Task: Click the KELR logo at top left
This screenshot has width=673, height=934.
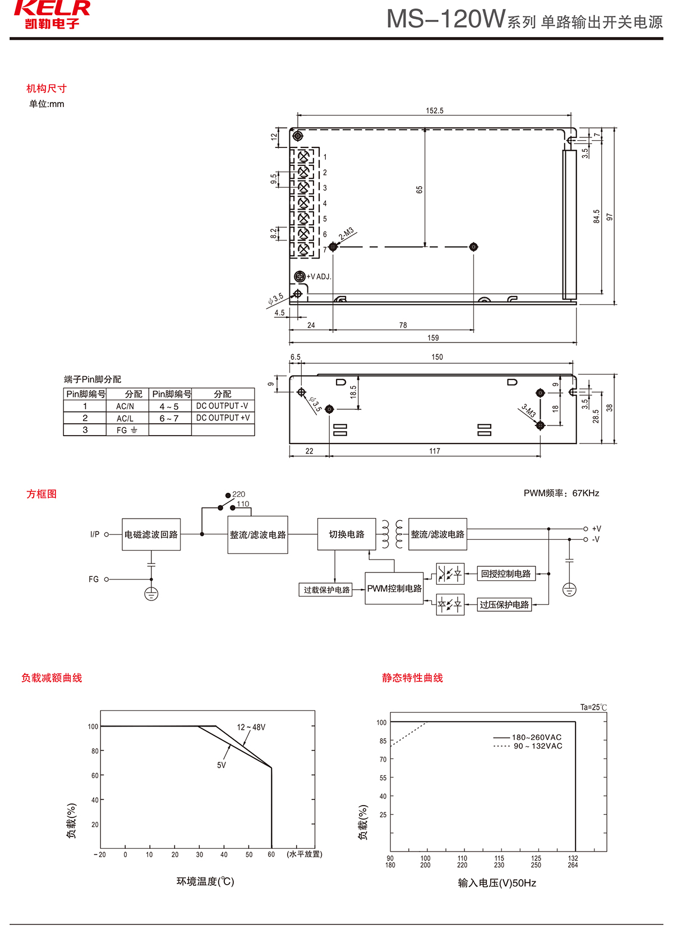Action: pyautogui.click(x=52, y=14)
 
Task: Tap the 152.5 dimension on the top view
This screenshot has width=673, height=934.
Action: pyautogui.click(x=434, y=110)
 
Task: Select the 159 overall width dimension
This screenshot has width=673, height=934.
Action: pyautogui.click(x=433, y=338)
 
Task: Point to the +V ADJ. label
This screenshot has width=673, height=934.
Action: pyautogui.click(x=319, y=276)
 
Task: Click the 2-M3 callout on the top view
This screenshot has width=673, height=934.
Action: pyautogui.click(x=346, y=234)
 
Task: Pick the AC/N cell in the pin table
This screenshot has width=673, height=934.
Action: pyautogui.click(x=125, y=406)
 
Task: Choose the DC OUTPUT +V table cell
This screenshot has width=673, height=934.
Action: pyautogui.click(x=223, y=418)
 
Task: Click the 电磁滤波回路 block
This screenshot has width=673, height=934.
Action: pyautogui.click(x=151, y=535)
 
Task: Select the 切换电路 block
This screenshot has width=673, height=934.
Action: pyautogui.click(x=347, y=534)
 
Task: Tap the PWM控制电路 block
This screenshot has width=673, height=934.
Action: pyautogui.click(x=394, y=589)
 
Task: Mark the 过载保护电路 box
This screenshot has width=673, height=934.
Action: pyautogui.click(x=326, y=590)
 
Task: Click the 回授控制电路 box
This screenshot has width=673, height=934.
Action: pyautogui.click(x=506, y=574)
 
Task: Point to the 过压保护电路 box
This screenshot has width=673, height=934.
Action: pyautogui.click(x=504, y=605)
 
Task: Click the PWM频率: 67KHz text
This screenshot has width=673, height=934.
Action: pyautogui.click(x=561, y=493)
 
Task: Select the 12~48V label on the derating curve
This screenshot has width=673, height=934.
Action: pyautogui.click(x=251, y=727)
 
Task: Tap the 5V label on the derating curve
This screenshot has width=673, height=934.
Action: pyautogui.click(x=222, y=765)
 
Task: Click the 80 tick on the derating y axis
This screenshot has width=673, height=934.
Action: pyautogui.click(x=95, y=751)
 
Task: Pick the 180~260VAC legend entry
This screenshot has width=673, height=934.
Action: pyautogui.click(x=536, y=737)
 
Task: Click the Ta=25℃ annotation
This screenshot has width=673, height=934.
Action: pyautogui.click(x=593, y=708)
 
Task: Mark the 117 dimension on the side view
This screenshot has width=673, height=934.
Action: pyautogui.click(x=435, y=451)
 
